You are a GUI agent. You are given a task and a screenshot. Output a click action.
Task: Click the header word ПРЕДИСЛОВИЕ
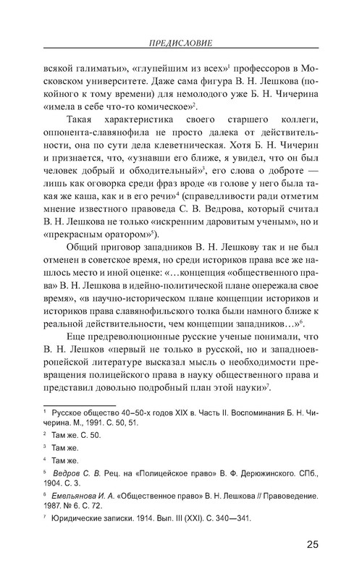181,43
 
